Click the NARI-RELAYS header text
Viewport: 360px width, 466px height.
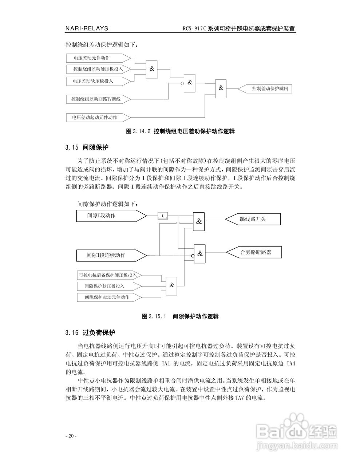coord(87,29)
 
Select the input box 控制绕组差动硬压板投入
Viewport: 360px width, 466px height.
coord(98,69)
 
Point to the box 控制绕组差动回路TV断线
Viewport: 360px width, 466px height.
coord(98,99)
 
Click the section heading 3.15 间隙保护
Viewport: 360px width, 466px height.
coord(87,148)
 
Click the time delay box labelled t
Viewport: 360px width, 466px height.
coord(163,216)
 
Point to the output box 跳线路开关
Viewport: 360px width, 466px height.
coord(253,219)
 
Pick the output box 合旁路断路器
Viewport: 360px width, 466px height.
coord(253,252)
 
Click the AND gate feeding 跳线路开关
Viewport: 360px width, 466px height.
coord(199,221)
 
